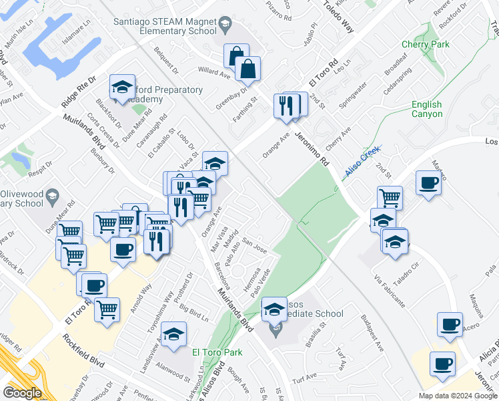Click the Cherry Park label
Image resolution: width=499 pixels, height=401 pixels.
[x=425, y=45]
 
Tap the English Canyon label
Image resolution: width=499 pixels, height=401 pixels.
[x=426, y=109]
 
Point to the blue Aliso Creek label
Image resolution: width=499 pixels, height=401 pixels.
[x=362, y=162]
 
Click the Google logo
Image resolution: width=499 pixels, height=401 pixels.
[x=21, y=392]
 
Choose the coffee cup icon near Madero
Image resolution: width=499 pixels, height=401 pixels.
[x=428, y=182]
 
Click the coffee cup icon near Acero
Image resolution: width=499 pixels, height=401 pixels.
[x=450, y=323]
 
